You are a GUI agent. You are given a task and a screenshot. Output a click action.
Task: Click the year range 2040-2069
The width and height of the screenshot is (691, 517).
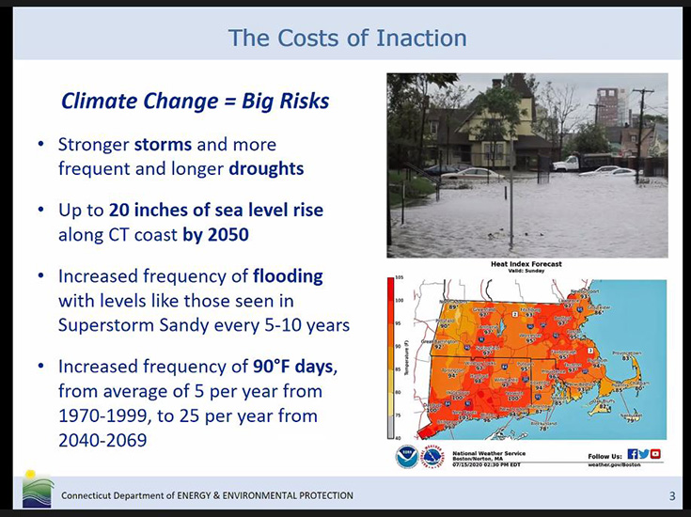pyautogui.click(x=102, y=439)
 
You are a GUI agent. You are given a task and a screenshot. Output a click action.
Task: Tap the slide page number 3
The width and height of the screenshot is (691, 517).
pyautogui.click(x=671, y=495)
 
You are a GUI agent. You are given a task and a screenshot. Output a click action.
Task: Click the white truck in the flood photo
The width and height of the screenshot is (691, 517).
pyautogui.click(x=571, y=163)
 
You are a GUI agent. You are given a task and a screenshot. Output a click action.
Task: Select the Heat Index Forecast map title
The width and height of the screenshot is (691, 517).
pyautogui.click(x=526, y=265)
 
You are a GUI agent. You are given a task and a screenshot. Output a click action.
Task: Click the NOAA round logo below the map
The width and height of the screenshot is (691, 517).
pyautogui.click(x=405, y=458)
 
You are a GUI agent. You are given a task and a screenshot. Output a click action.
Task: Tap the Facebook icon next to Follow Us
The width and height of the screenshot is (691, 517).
pyautogui.click(x=632, y=453)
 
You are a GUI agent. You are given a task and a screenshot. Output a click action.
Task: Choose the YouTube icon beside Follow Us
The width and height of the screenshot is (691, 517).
pyautogui.click(x=655, y=453)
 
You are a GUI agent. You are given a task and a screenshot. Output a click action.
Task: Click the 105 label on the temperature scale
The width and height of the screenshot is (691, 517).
pyautogui.click(x=399, y=278)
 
